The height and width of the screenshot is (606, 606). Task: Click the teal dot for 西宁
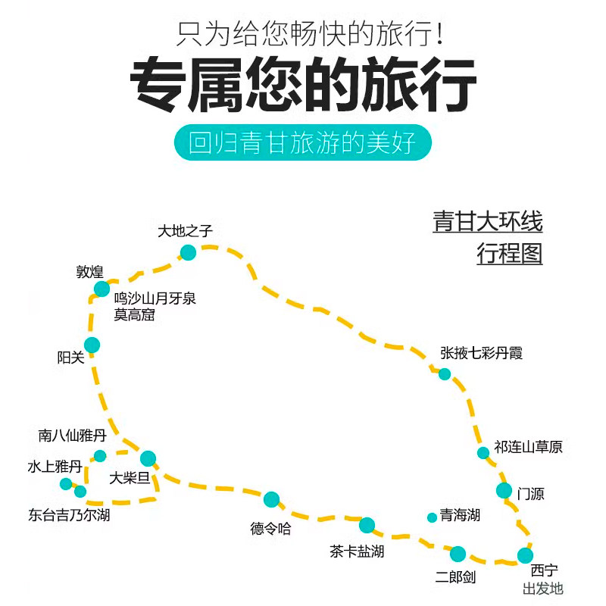[525, 555]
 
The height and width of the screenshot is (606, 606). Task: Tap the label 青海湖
[460, 515]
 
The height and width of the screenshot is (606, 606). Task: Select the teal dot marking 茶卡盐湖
[367, 525]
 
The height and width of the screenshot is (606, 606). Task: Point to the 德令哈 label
[270, 528]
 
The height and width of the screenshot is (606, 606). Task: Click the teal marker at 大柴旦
[148, 459]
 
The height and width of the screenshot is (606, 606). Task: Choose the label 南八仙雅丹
[72, 436]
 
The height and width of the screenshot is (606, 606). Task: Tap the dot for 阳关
[92, 345]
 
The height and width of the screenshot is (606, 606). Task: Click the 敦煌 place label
[89, 272]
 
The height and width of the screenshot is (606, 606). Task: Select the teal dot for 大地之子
[188, 253]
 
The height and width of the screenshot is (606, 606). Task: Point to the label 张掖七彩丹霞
[481, 353]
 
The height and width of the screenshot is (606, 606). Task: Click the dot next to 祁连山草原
[483, 452]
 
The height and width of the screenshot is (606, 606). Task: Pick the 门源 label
[531, 494]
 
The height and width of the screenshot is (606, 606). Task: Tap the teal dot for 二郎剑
[458, 554]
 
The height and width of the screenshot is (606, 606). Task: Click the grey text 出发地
[543, 589]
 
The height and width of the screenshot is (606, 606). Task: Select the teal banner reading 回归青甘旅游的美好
[302, 142]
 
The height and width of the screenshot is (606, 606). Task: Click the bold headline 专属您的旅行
[303, 84]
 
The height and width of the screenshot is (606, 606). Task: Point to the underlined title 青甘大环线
[488, 221]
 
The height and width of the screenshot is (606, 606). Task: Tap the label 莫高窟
[134, 314]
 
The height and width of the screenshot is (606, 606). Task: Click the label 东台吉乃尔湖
[69, 515]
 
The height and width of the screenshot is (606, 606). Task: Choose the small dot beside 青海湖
[432, 517]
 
